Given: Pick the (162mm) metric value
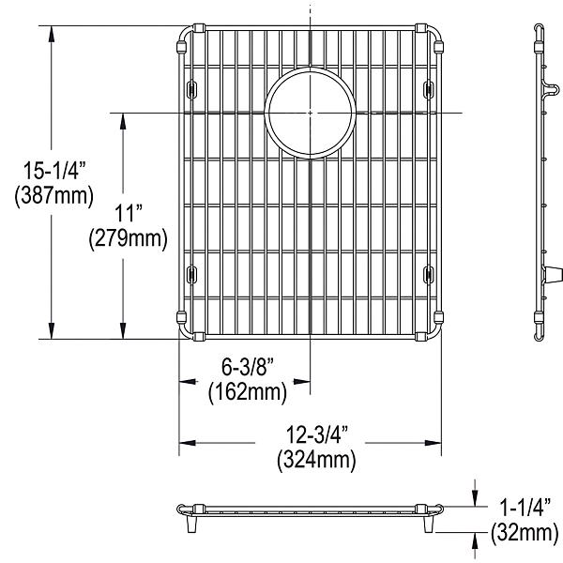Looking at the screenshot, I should click(x=246, y=389).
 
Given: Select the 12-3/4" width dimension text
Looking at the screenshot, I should click(x=316, y=435).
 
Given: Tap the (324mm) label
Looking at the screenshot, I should click(x=316, y=460).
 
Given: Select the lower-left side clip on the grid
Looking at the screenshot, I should click(x=191, y=274).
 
